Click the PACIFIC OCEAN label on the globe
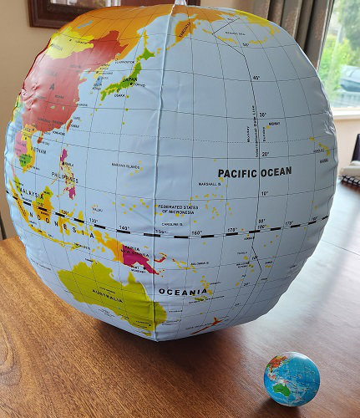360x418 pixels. click(255, 172)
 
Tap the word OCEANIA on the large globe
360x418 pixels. click(183, 292)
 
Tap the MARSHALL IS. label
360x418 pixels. click(209, 184)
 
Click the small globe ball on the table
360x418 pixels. click(292, 379)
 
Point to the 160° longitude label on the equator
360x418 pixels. click(197, 232)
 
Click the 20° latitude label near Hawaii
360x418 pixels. click(266, 153)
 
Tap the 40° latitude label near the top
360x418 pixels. click(256, 77)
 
